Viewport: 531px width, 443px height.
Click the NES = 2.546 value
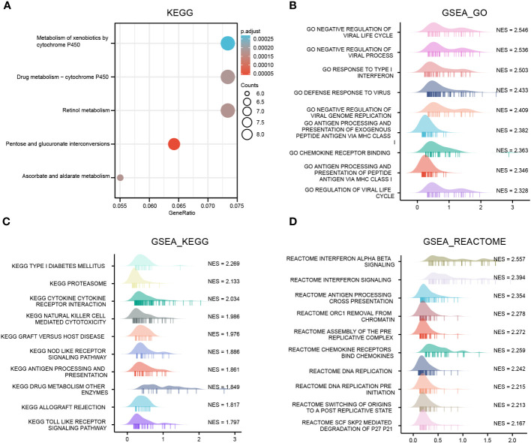tap(513, 32)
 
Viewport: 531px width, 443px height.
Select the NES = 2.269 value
tap(224, 265)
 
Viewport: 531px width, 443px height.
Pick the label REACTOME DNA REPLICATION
tap(347, 370)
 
